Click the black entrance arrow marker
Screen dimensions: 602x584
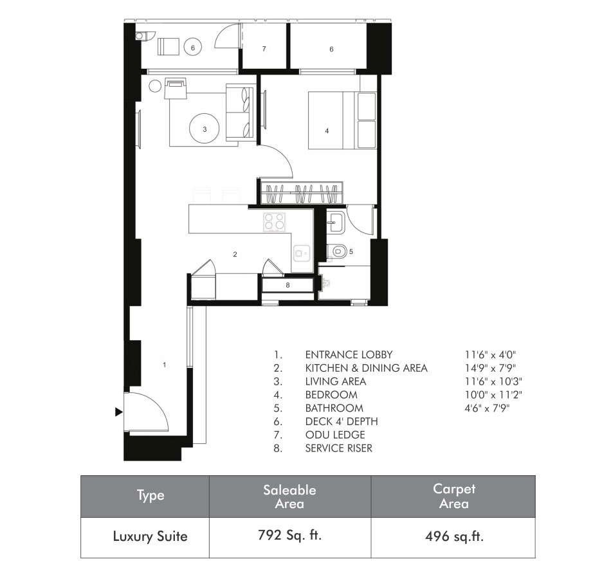(x=118, y=412)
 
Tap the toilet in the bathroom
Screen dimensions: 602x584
(x=337, y=252)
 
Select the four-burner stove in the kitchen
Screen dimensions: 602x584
(x=274, y=222)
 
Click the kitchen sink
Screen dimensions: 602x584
(x=302, y=253)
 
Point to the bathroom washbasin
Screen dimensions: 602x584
(x=336, y=223)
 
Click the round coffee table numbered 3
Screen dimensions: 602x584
(x=205, y=129)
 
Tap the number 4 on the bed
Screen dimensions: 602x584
(x=327, y=131)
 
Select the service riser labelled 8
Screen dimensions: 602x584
(x=287, y=286)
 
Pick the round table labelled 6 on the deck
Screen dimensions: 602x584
(x=193, y=48)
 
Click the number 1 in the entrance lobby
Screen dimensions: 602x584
(x=164, y=365)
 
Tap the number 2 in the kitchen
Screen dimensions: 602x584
(x=235, y=254)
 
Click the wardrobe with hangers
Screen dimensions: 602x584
(x=302, y=193)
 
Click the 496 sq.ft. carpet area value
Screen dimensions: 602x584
(x=454, y=536)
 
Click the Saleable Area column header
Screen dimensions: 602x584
(x=290, y=497)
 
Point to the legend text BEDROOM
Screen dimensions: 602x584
(x=331, y=395)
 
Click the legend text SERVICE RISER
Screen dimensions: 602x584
(x=338, y=448)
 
